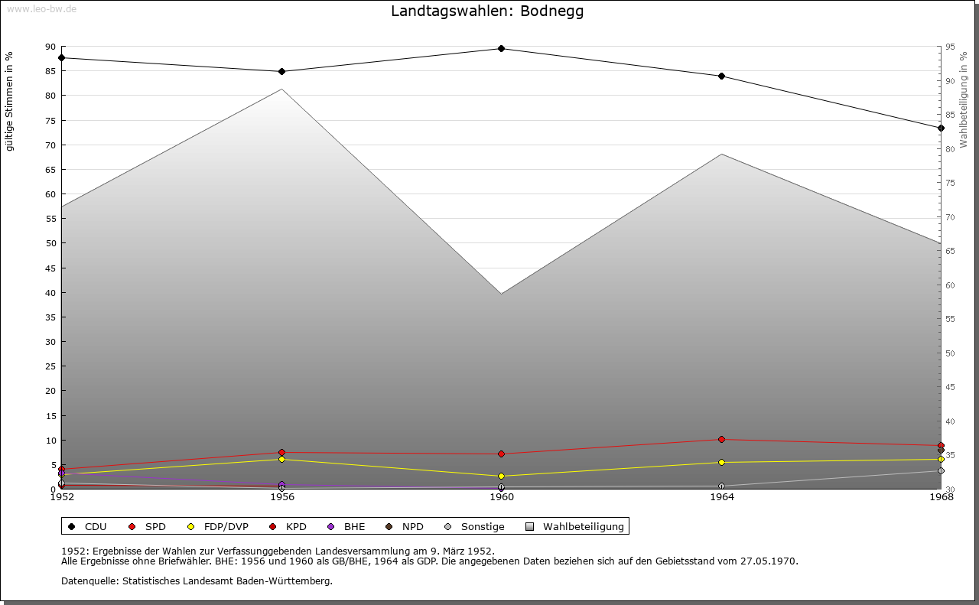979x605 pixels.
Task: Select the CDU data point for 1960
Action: [x=501, y=48]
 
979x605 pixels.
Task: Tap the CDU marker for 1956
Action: [x=281, y=71]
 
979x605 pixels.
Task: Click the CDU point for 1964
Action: [x=721, y=76]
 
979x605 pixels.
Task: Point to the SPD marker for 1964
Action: [x=721, y=439]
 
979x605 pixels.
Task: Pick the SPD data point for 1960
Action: [x=501, y=454]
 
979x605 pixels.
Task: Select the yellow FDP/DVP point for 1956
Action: [x=281, y=459]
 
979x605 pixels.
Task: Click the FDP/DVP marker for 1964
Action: [x=721, y=462]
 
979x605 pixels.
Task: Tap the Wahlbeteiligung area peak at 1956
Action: [x=281, y=89]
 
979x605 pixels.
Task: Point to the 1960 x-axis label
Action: [x=502, y=497]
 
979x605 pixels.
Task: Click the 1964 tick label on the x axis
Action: [x=721, y=497]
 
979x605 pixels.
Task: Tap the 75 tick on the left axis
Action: [x=50, y=120]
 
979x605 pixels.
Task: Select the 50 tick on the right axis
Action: [x=950, y=353]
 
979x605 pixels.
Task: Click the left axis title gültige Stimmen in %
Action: [x=10, y=101]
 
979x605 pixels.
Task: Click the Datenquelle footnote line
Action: [x=197, y=581]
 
